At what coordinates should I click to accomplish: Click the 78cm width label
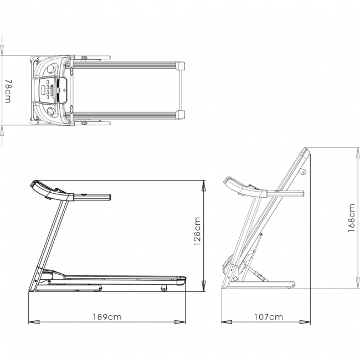pos(8,91)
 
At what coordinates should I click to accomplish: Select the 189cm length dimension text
pos(107,317)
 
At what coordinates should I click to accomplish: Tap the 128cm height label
pos(197,231)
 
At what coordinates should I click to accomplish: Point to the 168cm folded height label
pos(352,218)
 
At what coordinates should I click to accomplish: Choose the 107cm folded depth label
pos(269,317)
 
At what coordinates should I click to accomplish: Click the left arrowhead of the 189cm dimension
pos(34,322)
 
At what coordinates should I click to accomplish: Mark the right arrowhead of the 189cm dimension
pos(180,322)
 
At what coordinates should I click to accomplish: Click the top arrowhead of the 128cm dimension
pos(204,186)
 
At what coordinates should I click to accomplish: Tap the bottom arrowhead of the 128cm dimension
pos(204,286)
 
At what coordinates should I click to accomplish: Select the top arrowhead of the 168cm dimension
pos(358,153)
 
